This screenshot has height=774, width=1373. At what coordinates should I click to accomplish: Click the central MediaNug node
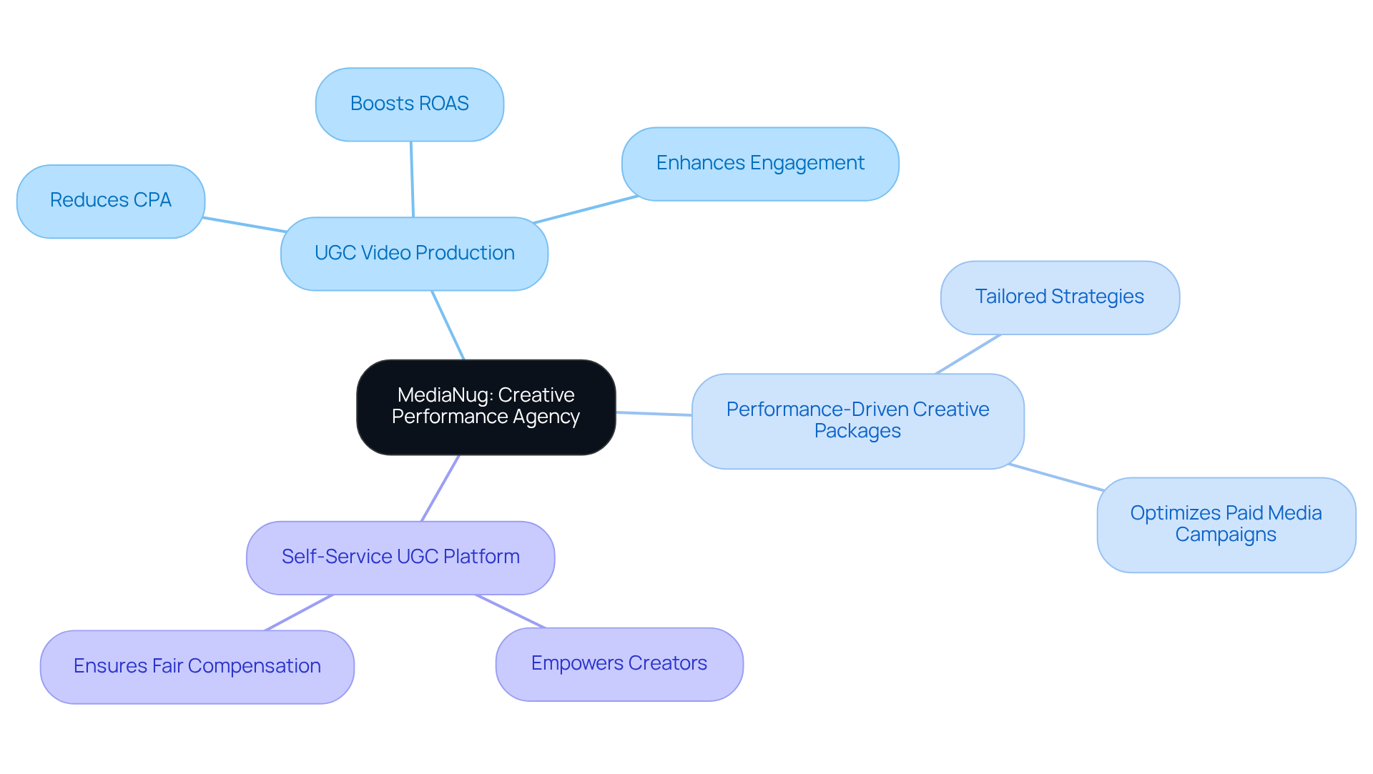click(486, 407)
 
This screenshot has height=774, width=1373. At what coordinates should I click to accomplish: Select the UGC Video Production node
click(414, 254)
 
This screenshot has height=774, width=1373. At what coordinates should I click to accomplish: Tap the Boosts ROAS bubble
click(409, 104)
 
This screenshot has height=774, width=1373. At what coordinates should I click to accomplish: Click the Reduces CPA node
click(111, 201)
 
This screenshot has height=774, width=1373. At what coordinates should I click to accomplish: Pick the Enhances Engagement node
click(759, 164)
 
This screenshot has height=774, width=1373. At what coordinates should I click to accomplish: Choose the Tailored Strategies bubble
click(1059, 297)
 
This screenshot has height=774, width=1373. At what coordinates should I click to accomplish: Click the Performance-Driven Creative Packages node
click(857, 421)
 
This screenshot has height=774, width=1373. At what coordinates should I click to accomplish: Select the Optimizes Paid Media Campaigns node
click(1226, 525)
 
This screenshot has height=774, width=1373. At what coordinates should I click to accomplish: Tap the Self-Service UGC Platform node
click(400, 557)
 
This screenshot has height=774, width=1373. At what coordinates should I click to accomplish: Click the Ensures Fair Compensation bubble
click(197, 667)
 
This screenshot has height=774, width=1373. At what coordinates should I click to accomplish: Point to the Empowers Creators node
click(619, 664)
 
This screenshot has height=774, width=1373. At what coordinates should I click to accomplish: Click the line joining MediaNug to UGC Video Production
click(448, 325)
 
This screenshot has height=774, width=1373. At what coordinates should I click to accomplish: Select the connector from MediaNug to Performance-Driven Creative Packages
click(654, 414)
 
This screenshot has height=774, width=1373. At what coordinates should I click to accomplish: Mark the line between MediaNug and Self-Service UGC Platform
click(441, 488)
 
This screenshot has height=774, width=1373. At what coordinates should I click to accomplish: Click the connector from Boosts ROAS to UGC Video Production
click(412, 179)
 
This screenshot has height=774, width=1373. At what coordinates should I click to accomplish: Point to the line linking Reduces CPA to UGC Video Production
click(245, 225)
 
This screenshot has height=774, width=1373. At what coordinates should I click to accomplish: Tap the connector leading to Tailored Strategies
click(968, 354)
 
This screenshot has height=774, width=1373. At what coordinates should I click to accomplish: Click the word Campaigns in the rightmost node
click(1226, 535)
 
